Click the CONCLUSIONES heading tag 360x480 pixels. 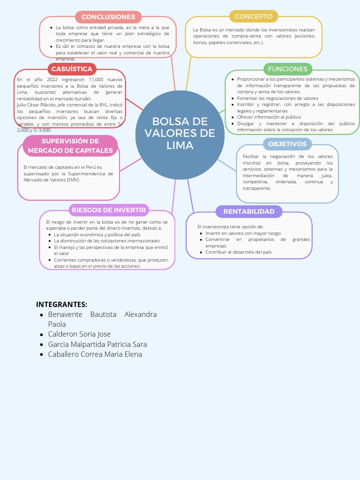pos(108,17)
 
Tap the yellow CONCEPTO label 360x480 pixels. pos(254,16)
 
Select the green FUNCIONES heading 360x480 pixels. pos(287,69)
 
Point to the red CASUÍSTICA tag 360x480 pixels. pos(72,69)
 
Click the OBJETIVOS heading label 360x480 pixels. pos(287,144)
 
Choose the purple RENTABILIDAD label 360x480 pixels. pos(249,212)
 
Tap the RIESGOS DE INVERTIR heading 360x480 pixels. pos(109,210)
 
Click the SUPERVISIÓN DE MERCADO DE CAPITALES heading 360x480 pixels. pos(70,146)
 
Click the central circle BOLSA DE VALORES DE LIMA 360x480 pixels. pos(180,134)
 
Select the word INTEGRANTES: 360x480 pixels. pos(61,304)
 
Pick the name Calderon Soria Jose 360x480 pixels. pos(79,334)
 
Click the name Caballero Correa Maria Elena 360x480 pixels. pos(95,354)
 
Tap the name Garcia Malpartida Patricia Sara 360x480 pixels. pos(97,344)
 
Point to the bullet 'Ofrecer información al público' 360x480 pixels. pos(269,117)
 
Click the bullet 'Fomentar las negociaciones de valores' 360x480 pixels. pos(277,98)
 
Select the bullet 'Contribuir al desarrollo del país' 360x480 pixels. pos(238,252)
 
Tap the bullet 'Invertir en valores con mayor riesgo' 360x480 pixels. pos(243,233)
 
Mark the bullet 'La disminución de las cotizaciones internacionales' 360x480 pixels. pos(106,241)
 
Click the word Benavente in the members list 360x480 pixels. pos(65,314)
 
